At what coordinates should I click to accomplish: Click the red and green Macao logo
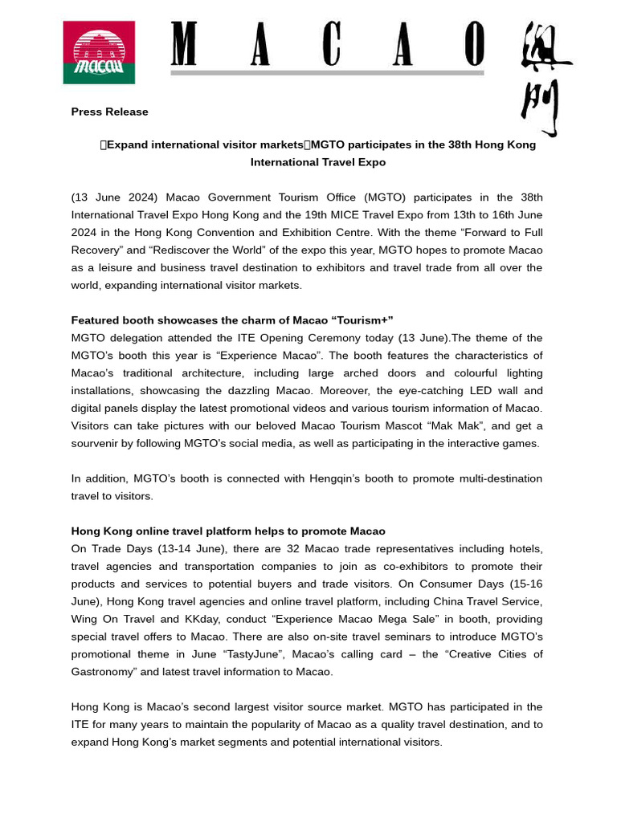(x=99, y=52)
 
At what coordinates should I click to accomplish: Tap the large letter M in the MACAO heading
(x=184, y=45)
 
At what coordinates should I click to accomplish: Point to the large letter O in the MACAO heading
(x=475, y=45)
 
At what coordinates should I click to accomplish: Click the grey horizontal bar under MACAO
(x=327, y=73)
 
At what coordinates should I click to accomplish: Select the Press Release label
(x=109, y=112)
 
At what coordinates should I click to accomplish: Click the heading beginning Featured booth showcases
(x=232, y=321)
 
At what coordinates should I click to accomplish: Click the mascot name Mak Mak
(x=440, y=426)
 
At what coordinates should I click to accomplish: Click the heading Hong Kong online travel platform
(x=228, y=531)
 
